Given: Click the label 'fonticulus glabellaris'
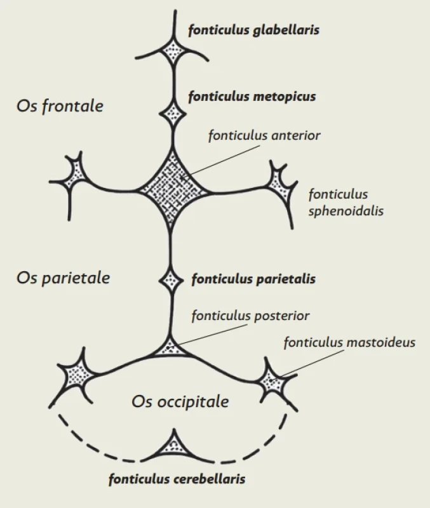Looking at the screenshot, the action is coord(253,30).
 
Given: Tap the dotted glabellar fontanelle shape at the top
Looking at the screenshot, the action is coord(174,50).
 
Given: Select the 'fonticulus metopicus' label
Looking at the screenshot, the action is coord(252,97).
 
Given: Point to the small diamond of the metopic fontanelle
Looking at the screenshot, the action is coord(173,114).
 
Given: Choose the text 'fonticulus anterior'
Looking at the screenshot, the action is coord(264,135).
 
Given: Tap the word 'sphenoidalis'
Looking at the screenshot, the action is coord(346,211).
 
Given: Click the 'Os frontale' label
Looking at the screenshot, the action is coord(60,106).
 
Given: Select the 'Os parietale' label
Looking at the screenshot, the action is coord(63,278).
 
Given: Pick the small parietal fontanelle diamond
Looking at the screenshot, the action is coord(171,280).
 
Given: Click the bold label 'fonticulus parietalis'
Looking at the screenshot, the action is coord(253,279).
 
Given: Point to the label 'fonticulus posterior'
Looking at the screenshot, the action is coord(250,316).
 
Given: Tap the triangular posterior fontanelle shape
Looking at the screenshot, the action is coord(171,348).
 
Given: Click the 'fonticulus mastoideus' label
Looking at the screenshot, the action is coord(349,342).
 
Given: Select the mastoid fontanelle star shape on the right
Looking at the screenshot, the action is coord(275,382).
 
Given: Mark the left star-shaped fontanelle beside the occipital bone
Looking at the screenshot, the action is coord(77,375).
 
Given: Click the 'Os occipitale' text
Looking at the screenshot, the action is coord(180,402).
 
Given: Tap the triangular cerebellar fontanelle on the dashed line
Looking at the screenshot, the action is coord(174,446).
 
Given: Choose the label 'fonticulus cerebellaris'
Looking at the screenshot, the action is coord(177,479).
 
